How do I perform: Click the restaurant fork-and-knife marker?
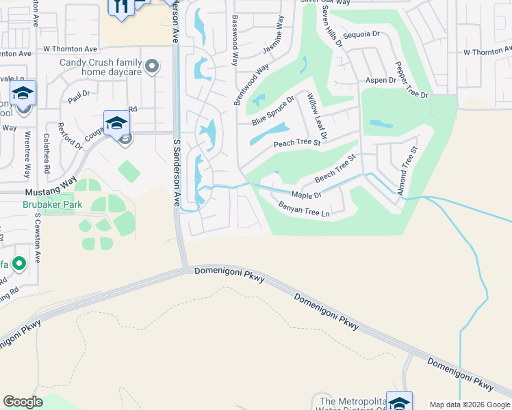[x=120, y=7]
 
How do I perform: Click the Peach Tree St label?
[x=297, y=143]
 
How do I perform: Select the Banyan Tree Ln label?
[x=305, y=209]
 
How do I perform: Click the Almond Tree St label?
[x=405, y=171]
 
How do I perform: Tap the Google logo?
[x=23, y=402]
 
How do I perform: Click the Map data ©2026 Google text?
[x=470, y=405]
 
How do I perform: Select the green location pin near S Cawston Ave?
[x=19, y=262]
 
